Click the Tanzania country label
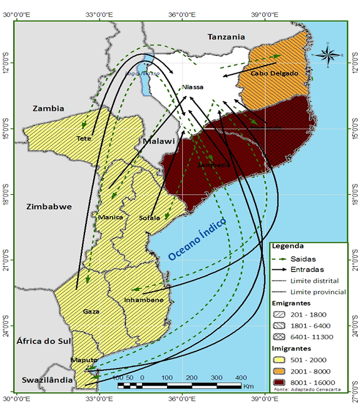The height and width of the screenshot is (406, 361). pyautogui.click(x=226, y=37)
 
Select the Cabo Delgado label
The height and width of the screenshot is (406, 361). pyautogui.click(x=274, y=73)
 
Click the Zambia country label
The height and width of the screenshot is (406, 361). pyautogui.click(x=48, y=108)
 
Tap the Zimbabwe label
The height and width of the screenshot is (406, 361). pyautogui.click(x=49, y=206)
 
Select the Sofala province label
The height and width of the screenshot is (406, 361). pyautogui.click(x=150, y=218)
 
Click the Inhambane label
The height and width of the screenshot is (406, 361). pyautogui.click(x=147, y=300)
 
